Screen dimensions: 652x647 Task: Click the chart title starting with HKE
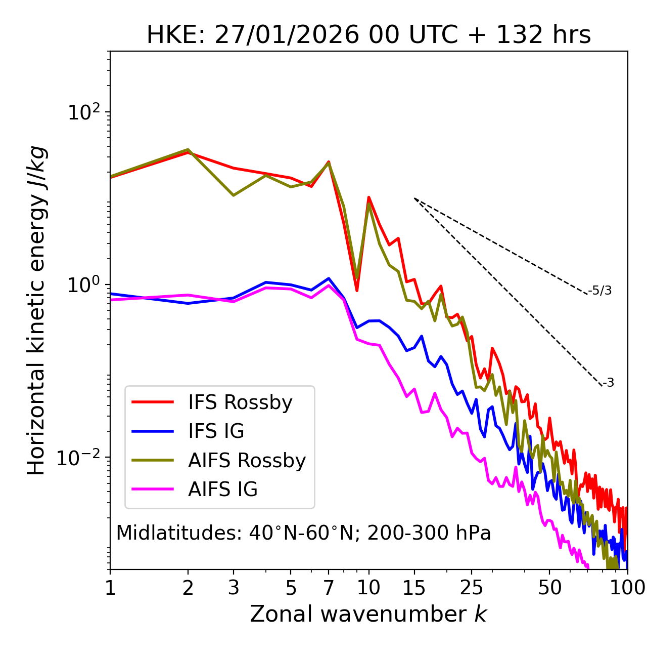pos(368,35)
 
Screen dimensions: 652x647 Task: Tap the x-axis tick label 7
pos(329,588)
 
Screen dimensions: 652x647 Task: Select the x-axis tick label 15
pos(414,588)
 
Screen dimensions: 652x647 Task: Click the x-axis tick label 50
pos(549,588)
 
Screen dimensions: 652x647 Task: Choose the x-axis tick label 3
pos(233,588)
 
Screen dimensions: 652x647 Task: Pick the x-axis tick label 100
pos(627,588)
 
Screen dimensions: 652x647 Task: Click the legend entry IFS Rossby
pos(240,402)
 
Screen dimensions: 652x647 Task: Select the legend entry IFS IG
pos(216,431)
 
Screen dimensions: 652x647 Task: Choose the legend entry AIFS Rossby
pos(247,461)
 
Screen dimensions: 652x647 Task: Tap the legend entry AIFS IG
pos(223,490)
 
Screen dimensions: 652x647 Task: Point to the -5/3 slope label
pos(600,291)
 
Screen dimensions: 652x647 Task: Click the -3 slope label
pos(608,383)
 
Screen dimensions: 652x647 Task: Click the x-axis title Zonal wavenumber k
pos(368,614)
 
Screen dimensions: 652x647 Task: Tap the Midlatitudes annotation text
pos(303,533)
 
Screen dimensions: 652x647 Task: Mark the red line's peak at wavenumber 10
pos(369,197)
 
